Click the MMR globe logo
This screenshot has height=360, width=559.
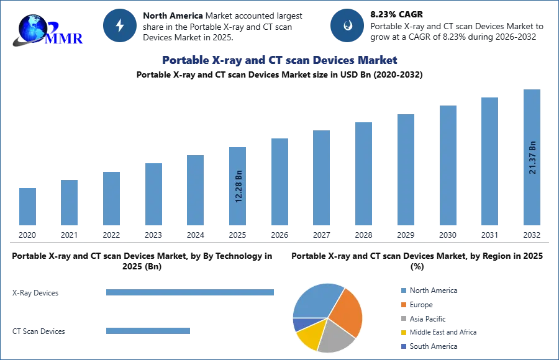click(x=47, y=28)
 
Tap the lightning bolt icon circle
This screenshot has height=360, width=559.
click(x=120, y=26)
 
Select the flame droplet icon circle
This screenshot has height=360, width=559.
click(x=347, y=26)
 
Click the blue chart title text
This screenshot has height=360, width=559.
click(x=278, y=60)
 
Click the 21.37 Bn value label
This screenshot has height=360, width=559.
click(x=532, y=158)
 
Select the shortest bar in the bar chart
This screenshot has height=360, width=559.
click(x=27, y=206)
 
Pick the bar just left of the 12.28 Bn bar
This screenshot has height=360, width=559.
click(x=194, y=191)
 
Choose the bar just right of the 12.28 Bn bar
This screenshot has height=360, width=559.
click(x=278, y=181)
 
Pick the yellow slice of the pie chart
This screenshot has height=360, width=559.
click(x=311, y=335)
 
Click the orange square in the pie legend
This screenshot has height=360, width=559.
click(x=402, y=304)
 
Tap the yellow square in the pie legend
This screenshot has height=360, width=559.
click(x=402, y=333)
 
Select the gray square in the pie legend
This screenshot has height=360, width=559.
click(x=402, y=318)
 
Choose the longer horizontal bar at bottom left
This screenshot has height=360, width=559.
click(x=191, y=293)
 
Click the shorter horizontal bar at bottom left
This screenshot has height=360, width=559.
click(x=149, y=333)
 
